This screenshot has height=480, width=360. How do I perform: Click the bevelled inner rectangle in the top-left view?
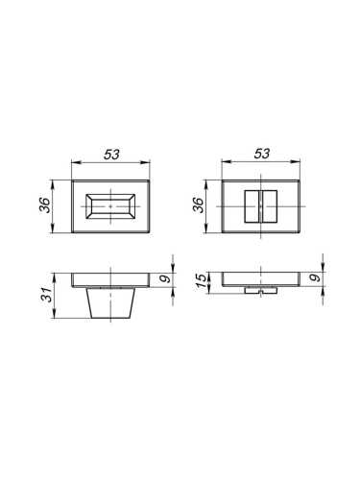point(112,205)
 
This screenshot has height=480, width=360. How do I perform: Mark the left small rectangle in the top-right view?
point(252,205)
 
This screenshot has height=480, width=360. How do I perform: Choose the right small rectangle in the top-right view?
point(269,205)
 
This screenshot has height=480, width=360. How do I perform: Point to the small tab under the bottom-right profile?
point(260,289)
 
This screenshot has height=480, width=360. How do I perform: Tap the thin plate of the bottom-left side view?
point(112,279)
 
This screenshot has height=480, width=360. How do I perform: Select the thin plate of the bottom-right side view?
point(260,279)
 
